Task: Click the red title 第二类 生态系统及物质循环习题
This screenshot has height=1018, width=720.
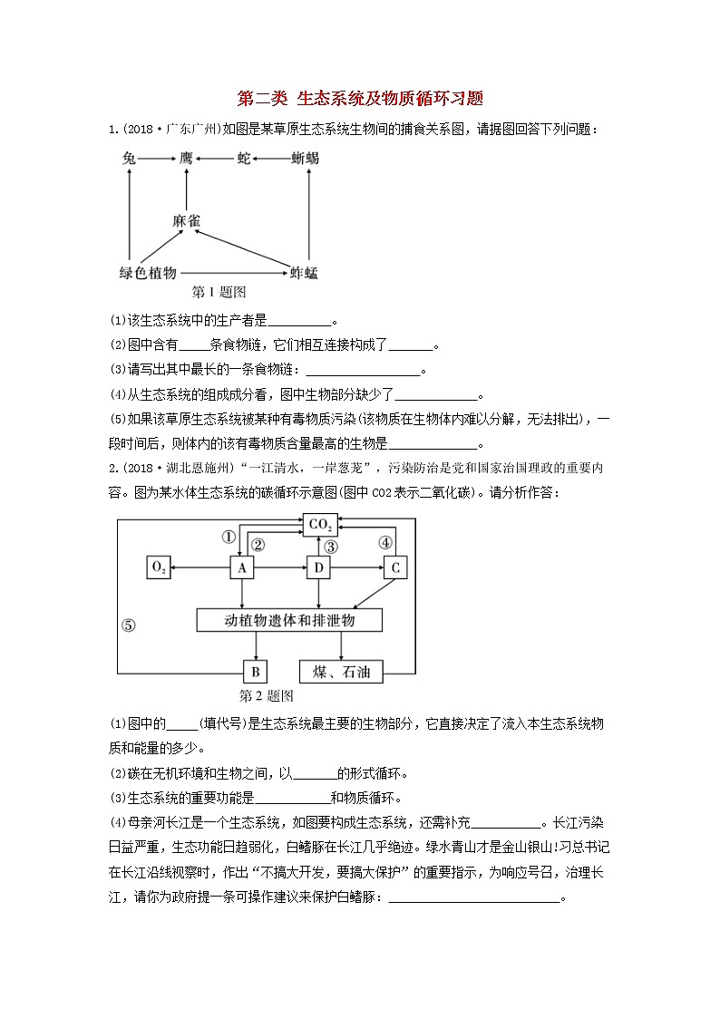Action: coord(359,98)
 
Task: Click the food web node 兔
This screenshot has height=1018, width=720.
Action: coord(130,158)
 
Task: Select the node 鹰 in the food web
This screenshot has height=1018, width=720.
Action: coord(187,158)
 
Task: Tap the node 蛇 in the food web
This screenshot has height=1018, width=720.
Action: coord(244,158)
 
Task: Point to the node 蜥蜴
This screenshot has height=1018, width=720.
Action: coord(305,158)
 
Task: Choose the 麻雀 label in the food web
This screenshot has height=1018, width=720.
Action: coord(187,220)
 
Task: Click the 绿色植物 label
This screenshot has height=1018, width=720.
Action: coord(148,272)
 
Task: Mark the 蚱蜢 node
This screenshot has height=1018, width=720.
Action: coord(304,272)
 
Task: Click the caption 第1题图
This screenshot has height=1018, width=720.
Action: coord(219,292)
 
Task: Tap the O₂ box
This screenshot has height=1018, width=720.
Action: coord(159,567)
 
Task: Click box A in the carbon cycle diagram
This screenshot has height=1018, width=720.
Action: coord(241,567)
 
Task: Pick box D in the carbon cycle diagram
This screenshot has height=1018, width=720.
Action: coord(318,567)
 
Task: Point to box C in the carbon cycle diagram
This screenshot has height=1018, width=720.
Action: coord(395,567)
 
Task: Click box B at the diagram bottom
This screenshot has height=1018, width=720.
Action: coord(256,672)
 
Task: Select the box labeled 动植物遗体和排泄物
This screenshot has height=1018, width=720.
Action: coord(289,620)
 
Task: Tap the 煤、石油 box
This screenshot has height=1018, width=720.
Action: coord(341,672)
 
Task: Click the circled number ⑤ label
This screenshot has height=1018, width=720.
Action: coord(129,625)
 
